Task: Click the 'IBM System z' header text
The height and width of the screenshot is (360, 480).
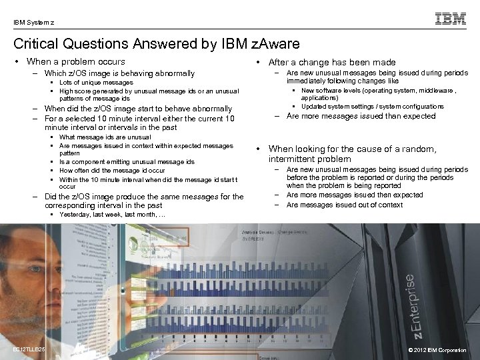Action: [34, 23]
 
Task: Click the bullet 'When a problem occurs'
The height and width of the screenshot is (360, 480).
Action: [74, 62]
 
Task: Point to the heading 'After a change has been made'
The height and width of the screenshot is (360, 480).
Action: [331, 62]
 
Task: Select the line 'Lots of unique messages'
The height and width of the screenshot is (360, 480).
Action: [96, 83]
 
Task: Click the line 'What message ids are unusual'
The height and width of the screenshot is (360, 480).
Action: [105, 137]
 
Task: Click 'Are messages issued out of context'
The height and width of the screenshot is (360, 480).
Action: [344, 205]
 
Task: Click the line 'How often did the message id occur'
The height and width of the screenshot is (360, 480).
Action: [112, 170]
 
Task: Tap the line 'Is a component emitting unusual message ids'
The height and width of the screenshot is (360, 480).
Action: [127, 161]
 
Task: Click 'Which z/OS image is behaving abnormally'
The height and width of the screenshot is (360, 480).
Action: [119, 73]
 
